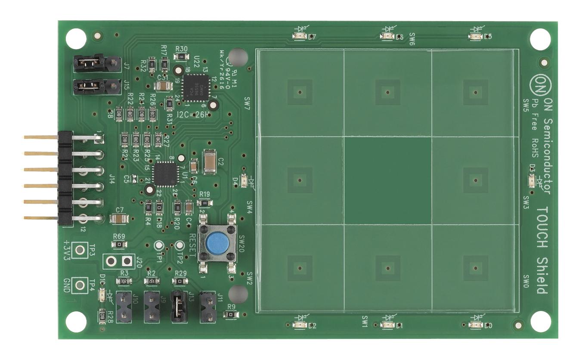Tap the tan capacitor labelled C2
[210, 162]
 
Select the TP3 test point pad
[79, 250]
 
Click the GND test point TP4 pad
[79, 285]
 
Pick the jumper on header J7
[89, 63]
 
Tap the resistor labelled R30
[181, 56]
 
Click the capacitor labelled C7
[119, 219]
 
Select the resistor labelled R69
[119, 245]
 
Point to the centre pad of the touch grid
[387, 180]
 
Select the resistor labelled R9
[231, 315]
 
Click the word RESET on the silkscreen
[192, 244]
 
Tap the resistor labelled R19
[204, 203]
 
